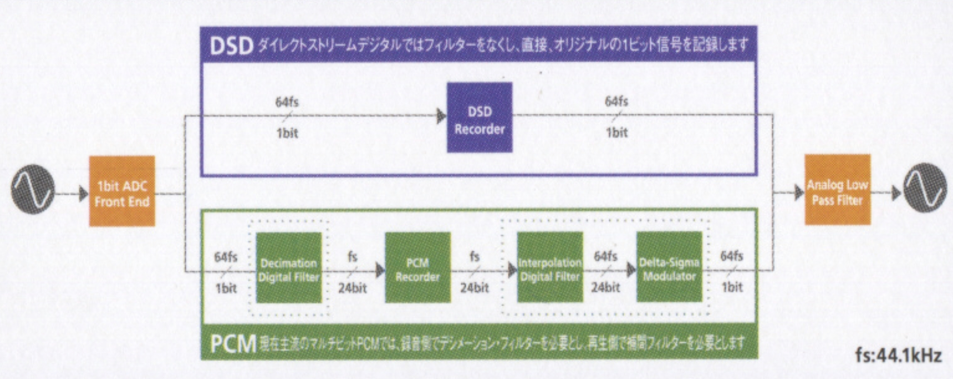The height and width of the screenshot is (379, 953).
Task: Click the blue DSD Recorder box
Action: [479, 117]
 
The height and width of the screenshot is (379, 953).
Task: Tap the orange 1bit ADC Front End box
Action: [122, 191]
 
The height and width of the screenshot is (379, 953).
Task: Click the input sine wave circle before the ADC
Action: [32, 189]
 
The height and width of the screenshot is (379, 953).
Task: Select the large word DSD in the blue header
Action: [231, 46]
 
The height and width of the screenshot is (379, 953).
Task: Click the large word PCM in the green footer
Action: [232, 344]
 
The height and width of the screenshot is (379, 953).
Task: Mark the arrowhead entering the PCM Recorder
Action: [380, 271]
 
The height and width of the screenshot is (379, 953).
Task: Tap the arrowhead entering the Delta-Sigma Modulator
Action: [631, 270]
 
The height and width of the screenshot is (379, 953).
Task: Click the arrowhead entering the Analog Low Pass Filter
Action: [798, 193]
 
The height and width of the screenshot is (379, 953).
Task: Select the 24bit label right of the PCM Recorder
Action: [474, 287]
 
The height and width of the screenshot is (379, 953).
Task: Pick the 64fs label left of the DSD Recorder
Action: [287, 102]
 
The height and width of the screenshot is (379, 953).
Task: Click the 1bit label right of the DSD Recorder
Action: [617, 132]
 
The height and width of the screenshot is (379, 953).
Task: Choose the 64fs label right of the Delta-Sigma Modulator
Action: [732, 256]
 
